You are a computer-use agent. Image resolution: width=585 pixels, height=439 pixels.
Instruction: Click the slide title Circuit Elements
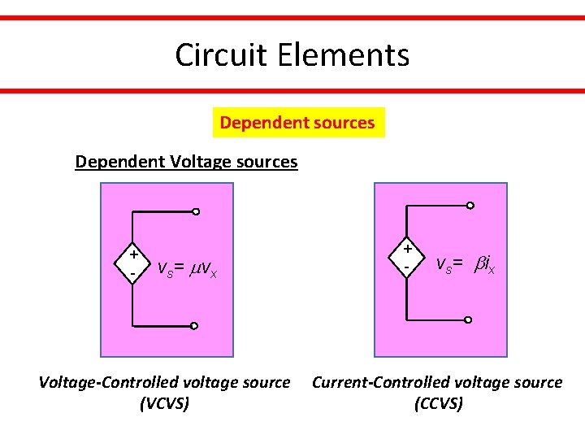pos(292,55)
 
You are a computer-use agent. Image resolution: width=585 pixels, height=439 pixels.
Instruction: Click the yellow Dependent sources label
pos(297,123)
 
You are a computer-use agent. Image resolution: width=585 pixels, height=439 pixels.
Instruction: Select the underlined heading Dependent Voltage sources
pos(186,161)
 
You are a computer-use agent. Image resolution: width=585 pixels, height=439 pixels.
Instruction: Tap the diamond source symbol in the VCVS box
pos(132,263)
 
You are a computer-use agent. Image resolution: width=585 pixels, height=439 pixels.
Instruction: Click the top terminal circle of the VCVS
pos(196,211)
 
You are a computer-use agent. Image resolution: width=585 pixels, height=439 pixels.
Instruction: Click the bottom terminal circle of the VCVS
pos(194,325)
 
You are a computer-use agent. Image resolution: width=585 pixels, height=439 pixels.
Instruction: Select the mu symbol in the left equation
pos(197,268)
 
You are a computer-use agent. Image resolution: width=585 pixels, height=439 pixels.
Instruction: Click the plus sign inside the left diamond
pos(132,254)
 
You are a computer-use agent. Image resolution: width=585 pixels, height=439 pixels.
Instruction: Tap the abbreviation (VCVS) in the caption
pos(164,403)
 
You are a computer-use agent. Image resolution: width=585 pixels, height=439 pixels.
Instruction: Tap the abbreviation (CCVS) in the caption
pos(438,403)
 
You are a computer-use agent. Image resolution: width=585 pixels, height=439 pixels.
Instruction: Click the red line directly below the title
pos(292,90)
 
